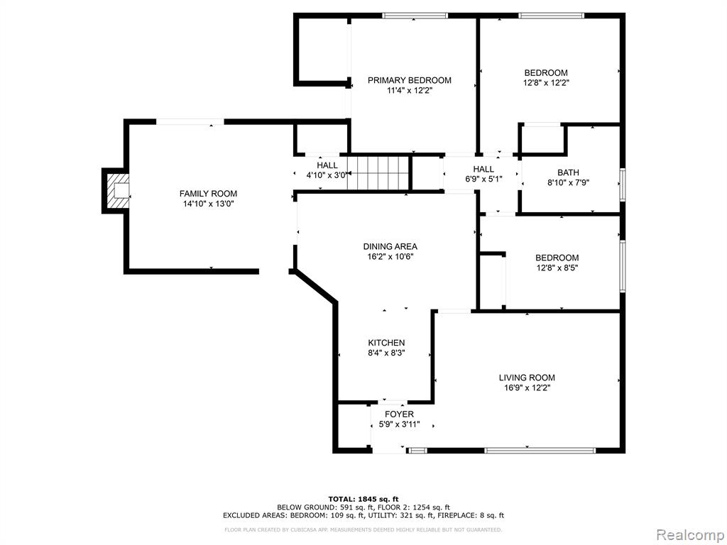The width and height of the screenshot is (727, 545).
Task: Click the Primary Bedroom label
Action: [x=410, y=80]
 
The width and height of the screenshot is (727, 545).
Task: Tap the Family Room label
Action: [x=208, y=194]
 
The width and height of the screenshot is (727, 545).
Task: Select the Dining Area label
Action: [x=390, y=246]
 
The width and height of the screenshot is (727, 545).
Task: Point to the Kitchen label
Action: [x=386, y=343]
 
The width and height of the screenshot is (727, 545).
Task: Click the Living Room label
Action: [x=527, y=378]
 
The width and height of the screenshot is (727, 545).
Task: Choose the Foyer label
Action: [x=399, y=414]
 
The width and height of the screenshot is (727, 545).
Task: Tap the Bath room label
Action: [x=568, y=172]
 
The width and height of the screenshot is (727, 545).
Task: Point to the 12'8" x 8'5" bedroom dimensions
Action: [x=557, y=268]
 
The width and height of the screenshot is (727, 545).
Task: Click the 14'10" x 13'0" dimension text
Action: [x=208, y=204]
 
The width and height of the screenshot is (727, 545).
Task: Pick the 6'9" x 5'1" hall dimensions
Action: [x=483, y=179]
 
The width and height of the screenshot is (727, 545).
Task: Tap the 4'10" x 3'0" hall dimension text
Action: [x=327, y=175]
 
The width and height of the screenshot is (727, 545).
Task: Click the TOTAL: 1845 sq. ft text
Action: [x=363, y=499]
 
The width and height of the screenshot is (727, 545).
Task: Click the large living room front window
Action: [x=540, y=449]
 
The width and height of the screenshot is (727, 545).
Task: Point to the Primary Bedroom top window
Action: [x=415, y=16]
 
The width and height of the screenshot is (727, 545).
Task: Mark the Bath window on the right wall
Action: [x=623, y=185]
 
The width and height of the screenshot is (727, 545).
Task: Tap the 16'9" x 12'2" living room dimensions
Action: [x=527, y=388]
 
